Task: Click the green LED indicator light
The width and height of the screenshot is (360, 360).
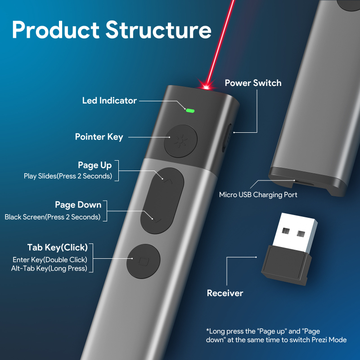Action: tap(189, 110)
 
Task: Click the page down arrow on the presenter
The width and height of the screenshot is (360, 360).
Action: tap(156, 220)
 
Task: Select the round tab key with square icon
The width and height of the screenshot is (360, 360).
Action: tap(144, 261)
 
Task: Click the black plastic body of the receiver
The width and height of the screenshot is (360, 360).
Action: tap(283, 265)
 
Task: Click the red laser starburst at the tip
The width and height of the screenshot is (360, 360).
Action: tap(208, 85)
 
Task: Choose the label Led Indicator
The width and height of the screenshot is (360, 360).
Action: tap(109, 100)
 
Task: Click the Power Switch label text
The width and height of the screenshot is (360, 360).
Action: tap(253, 83)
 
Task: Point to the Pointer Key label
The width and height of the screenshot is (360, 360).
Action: tap(99, 137)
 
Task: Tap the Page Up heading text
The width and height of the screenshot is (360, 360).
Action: tap(94, 165)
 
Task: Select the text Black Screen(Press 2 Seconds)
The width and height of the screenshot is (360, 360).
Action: tap(53, 217)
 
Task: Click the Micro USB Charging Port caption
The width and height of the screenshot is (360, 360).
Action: tap(258, 195)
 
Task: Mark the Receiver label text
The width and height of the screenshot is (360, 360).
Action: tap(225, 293)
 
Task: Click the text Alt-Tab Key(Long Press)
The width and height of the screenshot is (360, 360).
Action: tap(49, 269)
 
